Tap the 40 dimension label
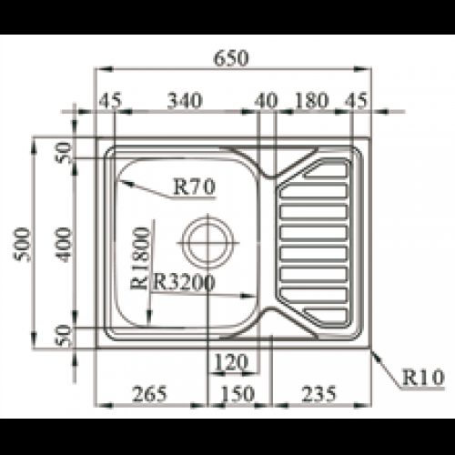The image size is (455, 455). pyautogui.click(x=266, y=101)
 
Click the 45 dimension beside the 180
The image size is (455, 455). pyautogui.click(x=356, y=101)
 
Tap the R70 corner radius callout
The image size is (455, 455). pyautogui.click(x=192, y=187)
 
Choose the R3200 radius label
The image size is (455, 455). pyautogui.click(x=185, y=282)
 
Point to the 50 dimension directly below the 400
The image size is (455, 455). pyautogui.click(x=63, y=334)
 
